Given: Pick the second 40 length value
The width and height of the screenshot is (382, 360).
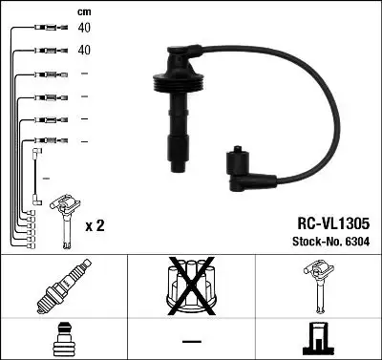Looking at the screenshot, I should (x=83, y=49).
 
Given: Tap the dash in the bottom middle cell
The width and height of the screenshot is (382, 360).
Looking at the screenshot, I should (x=191, y=341).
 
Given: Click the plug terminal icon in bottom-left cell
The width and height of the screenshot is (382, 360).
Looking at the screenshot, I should (x=63, y=340).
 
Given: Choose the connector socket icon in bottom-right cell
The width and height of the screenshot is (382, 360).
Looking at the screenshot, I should (x=318, y=340).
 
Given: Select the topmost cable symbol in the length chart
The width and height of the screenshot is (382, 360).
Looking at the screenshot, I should (x=44, y=29).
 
